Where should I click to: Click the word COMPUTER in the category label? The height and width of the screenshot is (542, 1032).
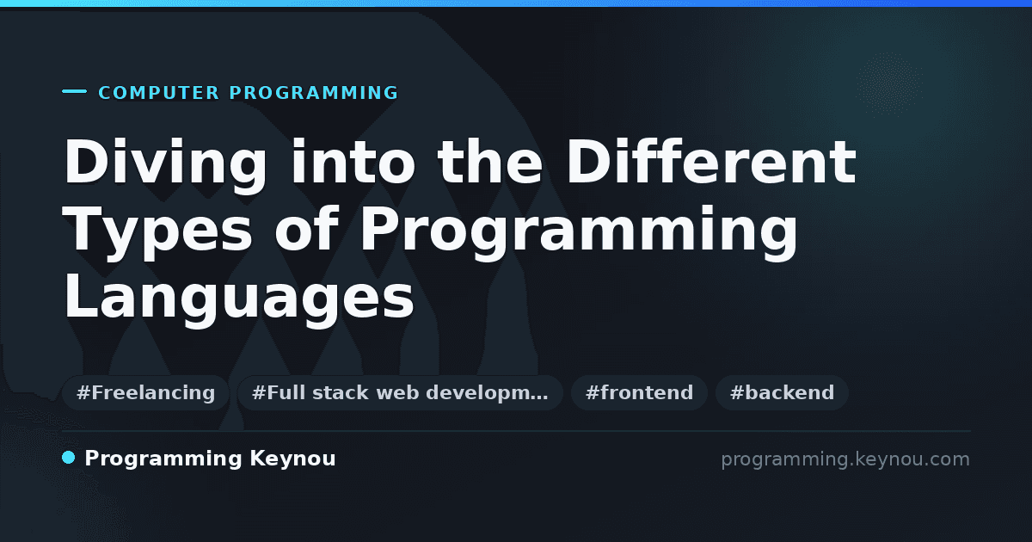tap(159, 93)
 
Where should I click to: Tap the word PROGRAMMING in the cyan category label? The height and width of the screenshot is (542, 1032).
tap(314, 93)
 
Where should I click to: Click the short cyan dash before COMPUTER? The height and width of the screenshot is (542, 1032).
tap(74, 91)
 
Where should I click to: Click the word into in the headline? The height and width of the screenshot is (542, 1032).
tap(353, 162)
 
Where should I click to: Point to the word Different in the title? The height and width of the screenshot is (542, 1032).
tap(711, 162)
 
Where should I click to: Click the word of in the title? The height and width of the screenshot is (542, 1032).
tap(307, 229)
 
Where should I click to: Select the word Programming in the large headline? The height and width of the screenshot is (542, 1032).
tap(579, 233)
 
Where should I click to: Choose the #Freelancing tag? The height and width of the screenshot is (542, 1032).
tap(145, 392)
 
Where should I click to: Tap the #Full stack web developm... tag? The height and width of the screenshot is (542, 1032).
tap(400, 392)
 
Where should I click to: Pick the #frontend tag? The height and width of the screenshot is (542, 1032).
tap(639, 392)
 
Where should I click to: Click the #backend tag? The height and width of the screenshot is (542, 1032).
tap(782, 392)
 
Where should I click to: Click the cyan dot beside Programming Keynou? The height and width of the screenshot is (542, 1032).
tap(69, 458)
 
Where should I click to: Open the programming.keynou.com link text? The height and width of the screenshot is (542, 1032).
tap(845, 459)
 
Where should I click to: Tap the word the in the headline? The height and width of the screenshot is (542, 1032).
tap(490, 162)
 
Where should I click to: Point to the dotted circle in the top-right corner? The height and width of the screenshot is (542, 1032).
tap(889, 84)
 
